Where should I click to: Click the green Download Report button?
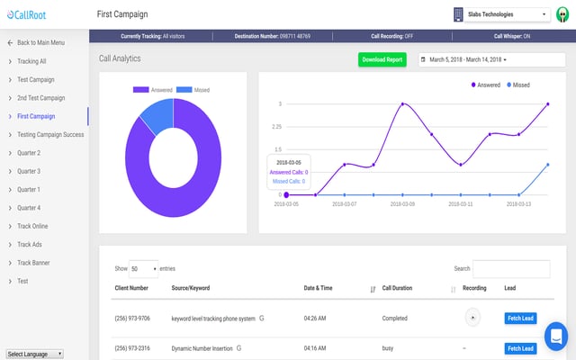[x=382, y=59]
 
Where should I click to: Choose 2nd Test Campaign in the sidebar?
[x=41, y=97]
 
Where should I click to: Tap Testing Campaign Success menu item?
[x=50, y=134]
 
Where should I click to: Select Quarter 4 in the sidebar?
[x=29, y=208]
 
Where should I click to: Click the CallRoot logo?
[x=30, y=15]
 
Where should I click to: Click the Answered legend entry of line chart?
[x=487, y=84]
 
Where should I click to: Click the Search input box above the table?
[x=510, y=268]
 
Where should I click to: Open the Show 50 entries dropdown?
[x=143, y=268]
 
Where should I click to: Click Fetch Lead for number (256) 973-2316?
[x=520, y=348]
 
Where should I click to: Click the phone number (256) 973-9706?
[x=133, y=318]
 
